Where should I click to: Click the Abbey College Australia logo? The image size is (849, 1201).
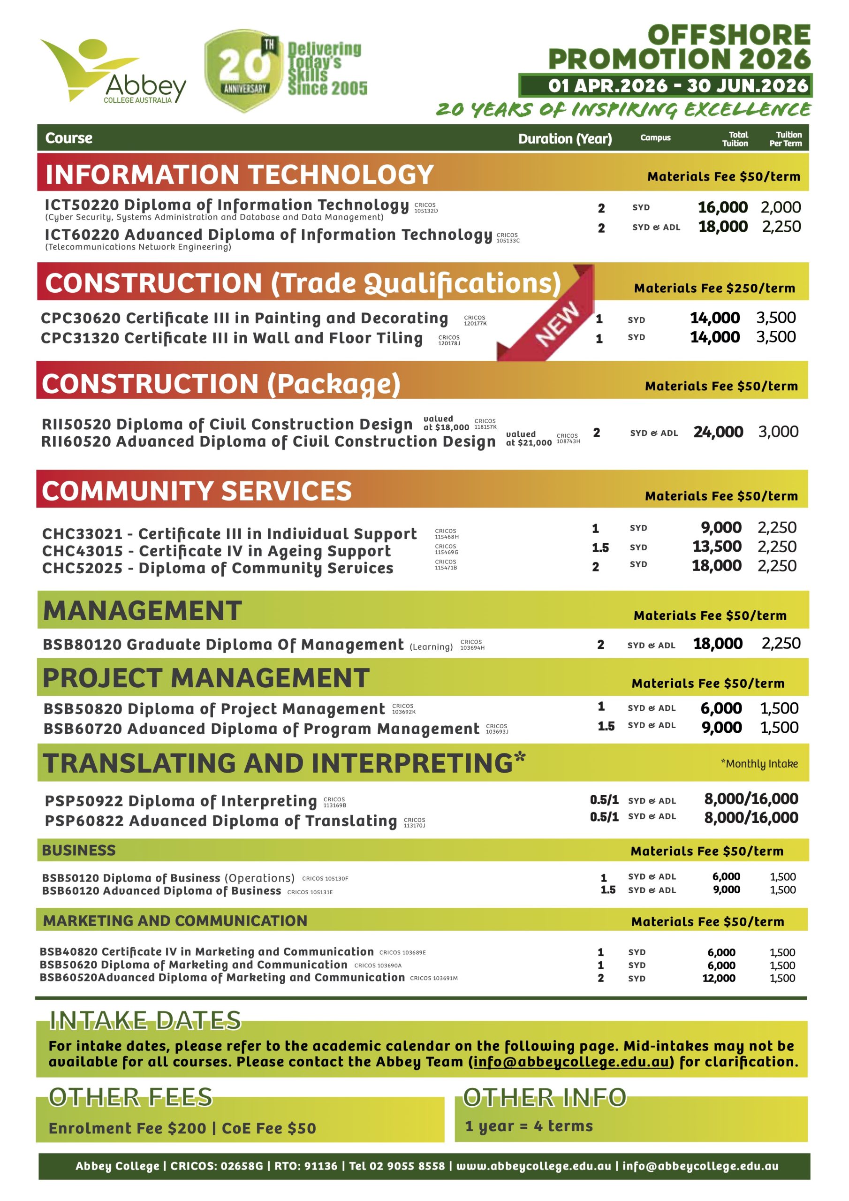113,71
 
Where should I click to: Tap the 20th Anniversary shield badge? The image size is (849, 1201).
243,71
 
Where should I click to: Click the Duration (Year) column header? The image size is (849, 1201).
565,138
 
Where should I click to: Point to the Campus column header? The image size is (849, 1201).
655,137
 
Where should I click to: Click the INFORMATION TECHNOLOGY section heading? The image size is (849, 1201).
240,174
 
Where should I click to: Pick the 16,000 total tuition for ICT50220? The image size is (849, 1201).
722,207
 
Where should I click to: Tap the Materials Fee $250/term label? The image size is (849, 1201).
714,288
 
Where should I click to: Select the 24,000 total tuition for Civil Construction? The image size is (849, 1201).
718,432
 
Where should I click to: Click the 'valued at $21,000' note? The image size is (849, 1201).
528,438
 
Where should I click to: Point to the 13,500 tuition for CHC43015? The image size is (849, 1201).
717,547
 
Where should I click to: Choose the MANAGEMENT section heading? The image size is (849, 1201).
142,611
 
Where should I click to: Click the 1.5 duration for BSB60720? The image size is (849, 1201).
606,727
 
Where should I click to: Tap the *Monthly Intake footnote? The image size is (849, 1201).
759,764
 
